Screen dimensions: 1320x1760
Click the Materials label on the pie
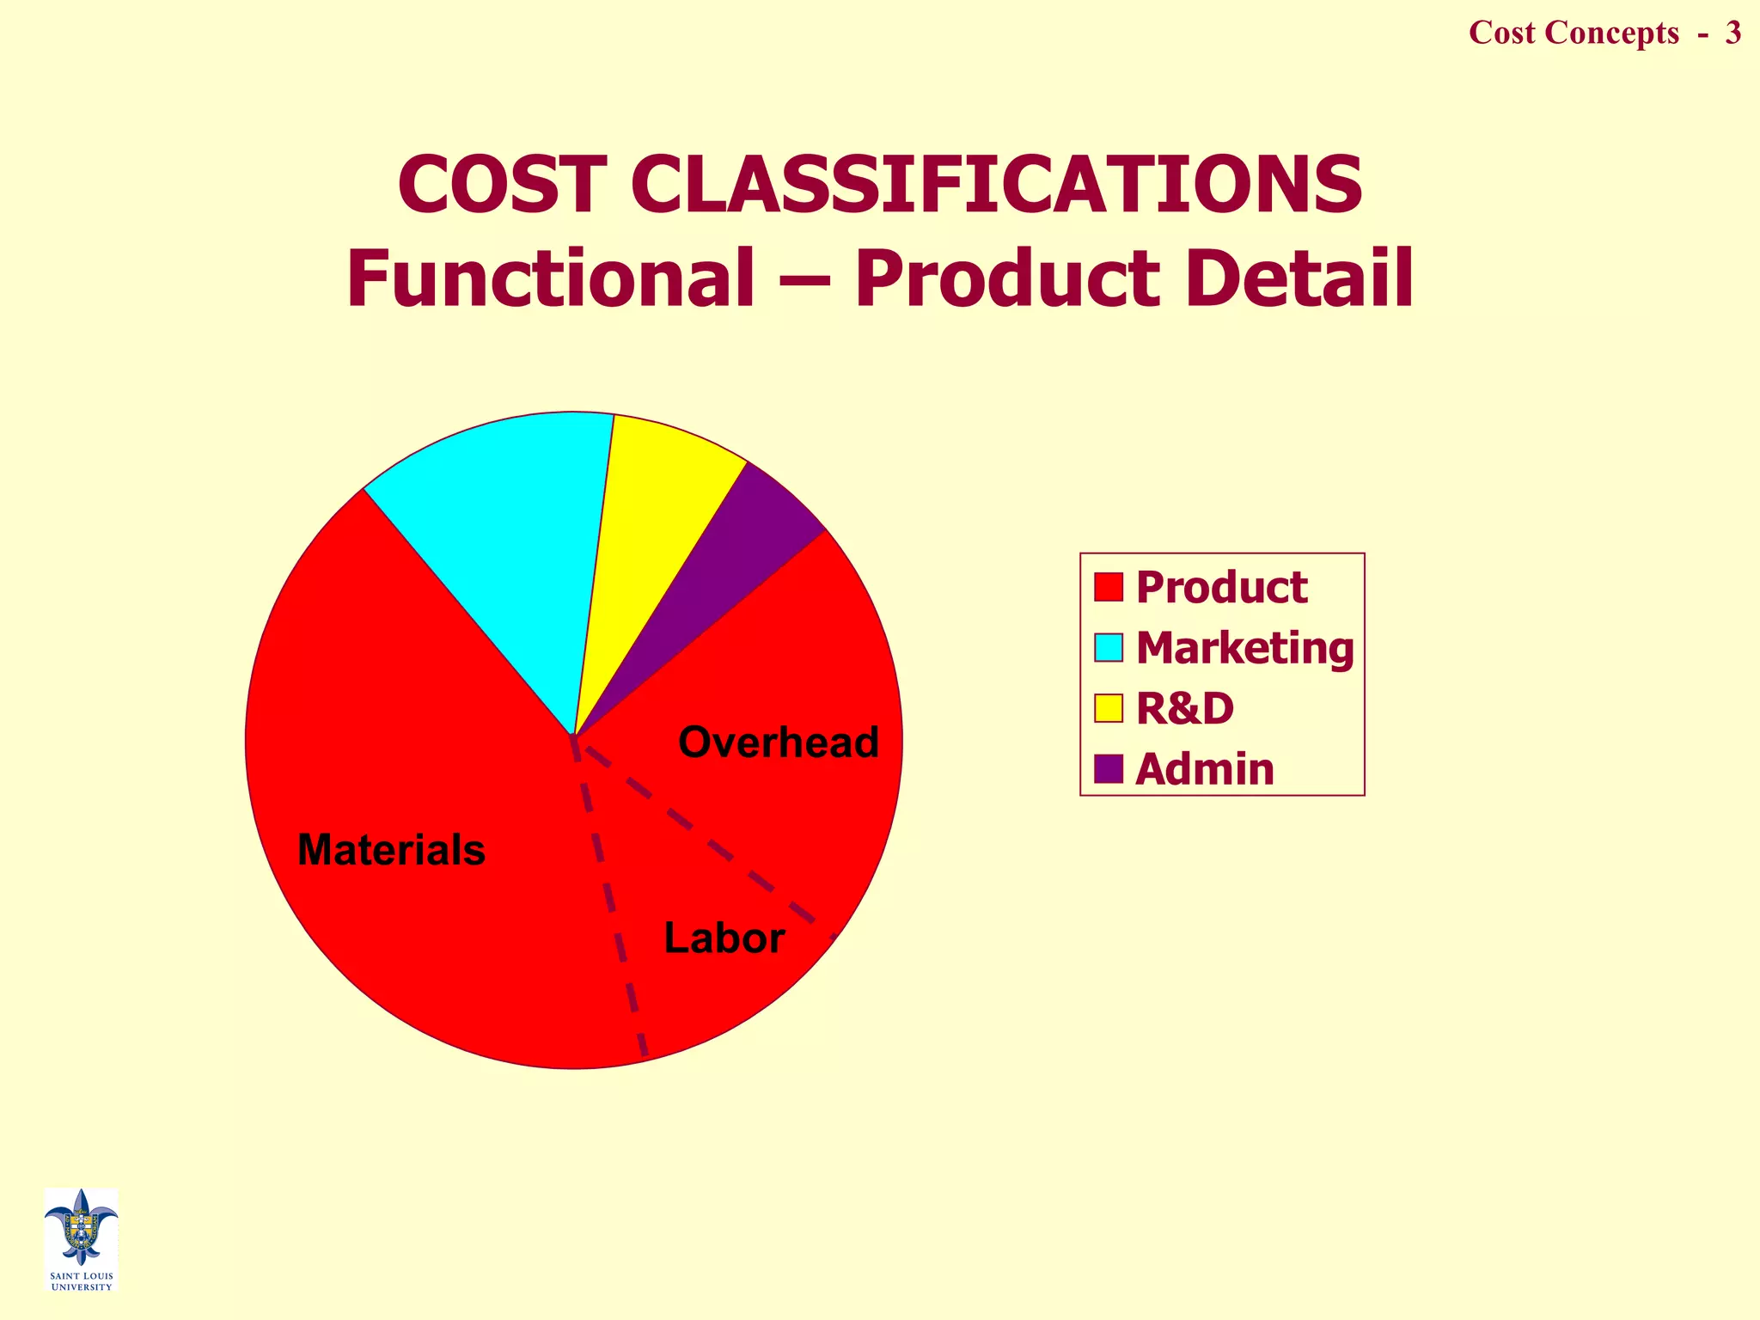pos(391,850)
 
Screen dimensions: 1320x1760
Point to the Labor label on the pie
pos(724,938)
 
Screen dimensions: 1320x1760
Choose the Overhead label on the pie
pos(779,742)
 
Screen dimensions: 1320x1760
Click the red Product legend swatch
pos(1109,587)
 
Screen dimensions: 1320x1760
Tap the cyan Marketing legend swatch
pos(1109,648)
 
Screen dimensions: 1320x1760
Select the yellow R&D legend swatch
pos(1109,709)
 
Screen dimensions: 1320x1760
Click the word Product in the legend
pos(1221,588)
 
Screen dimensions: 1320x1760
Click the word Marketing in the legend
pos(1244,648)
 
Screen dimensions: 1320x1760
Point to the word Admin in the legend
pos(1205,769)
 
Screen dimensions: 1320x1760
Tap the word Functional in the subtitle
pos(550,278)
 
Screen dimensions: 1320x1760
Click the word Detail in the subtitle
pos(1299,278)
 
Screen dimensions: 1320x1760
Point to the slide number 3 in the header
pos(1732,33)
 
